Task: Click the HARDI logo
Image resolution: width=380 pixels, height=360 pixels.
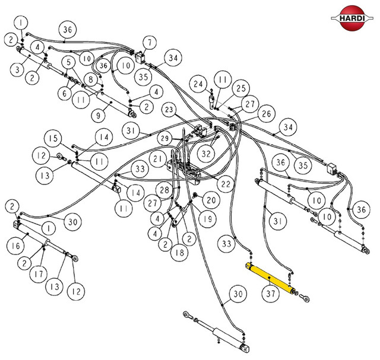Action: pyautogui.click(x=352, y=18)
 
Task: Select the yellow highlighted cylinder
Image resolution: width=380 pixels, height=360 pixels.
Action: pyautogui.click(x=270, y=278)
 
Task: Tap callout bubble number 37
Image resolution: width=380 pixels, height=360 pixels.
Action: pyautogui.click(x=271, y=294)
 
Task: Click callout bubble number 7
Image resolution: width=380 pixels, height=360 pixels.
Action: pyautogui.click(x=150, y=43)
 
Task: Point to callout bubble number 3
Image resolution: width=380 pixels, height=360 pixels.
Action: pyautogui.click(x=17, y=70)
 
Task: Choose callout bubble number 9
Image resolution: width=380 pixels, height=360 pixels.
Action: pyautogui.click(x=98, y=115)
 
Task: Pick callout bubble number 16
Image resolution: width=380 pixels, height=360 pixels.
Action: pyautogui.click(x=15, y=246)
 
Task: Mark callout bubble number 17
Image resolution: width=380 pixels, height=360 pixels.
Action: pyautogui.click(x=38, y=274)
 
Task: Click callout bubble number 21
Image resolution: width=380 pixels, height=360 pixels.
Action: pyautogui.click(x=158, y=159)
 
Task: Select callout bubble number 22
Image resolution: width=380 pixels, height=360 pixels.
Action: pyautogui.click(x=226, y=184)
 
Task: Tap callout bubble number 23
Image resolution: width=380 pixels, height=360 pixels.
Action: pyautogui.click(x=169, y=110)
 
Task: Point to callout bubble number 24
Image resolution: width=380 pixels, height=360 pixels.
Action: pyautogui.click(x=198, y=84)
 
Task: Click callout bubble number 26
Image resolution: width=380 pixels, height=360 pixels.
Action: pyautogui.click(x=267, y=113)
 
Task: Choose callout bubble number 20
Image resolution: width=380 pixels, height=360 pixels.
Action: pyautogui.click(x=211, y=200)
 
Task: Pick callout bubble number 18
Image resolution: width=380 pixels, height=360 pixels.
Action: pyautogui.click(x=179, y=253)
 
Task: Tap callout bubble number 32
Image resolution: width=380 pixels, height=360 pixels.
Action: pyautogui.click(x=206, y=154)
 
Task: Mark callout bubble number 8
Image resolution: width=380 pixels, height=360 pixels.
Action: pyautogui.click(x=91, y=79)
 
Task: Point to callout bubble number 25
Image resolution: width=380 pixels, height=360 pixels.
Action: pyautogui.click(x=241, y=88)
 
